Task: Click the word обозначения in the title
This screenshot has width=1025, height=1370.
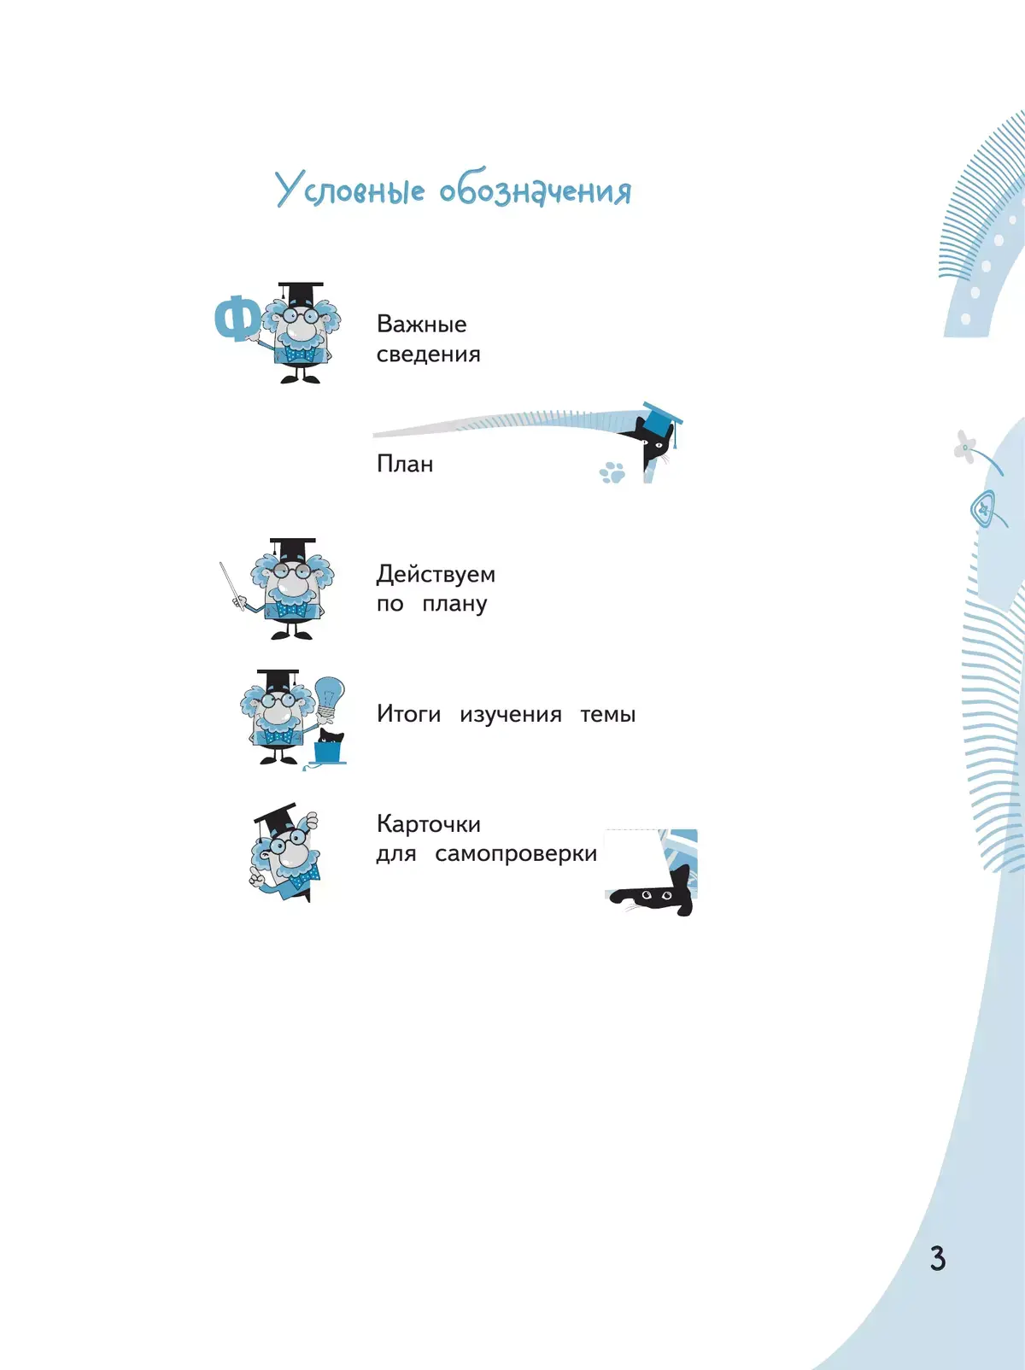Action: click(536, 190)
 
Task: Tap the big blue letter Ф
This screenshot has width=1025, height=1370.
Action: click(237, 319)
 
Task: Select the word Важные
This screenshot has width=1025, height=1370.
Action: click(421, 325)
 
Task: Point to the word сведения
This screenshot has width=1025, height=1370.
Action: click(428, 354)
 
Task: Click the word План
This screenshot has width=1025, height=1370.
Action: click(405, 464)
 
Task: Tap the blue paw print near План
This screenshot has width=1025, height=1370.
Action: click(612, 472)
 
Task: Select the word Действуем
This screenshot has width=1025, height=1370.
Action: click(436, 574)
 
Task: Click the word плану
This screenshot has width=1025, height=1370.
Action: click(454, 604)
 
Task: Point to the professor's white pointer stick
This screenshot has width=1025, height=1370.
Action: click(230, 583)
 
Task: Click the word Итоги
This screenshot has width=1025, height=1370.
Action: click(408, 714)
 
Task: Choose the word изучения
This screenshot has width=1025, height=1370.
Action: click(510, 715)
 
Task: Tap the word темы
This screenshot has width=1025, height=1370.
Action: click(607, 714)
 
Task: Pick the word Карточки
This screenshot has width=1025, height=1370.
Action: click(428, 824)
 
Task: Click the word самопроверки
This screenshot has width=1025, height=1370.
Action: click(515, 854)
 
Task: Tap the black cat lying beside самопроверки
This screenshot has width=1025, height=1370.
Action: click(657, 896)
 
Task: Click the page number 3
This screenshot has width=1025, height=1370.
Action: click(937, 1258)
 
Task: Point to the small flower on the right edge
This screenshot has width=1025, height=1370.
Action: click(965, 446)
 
